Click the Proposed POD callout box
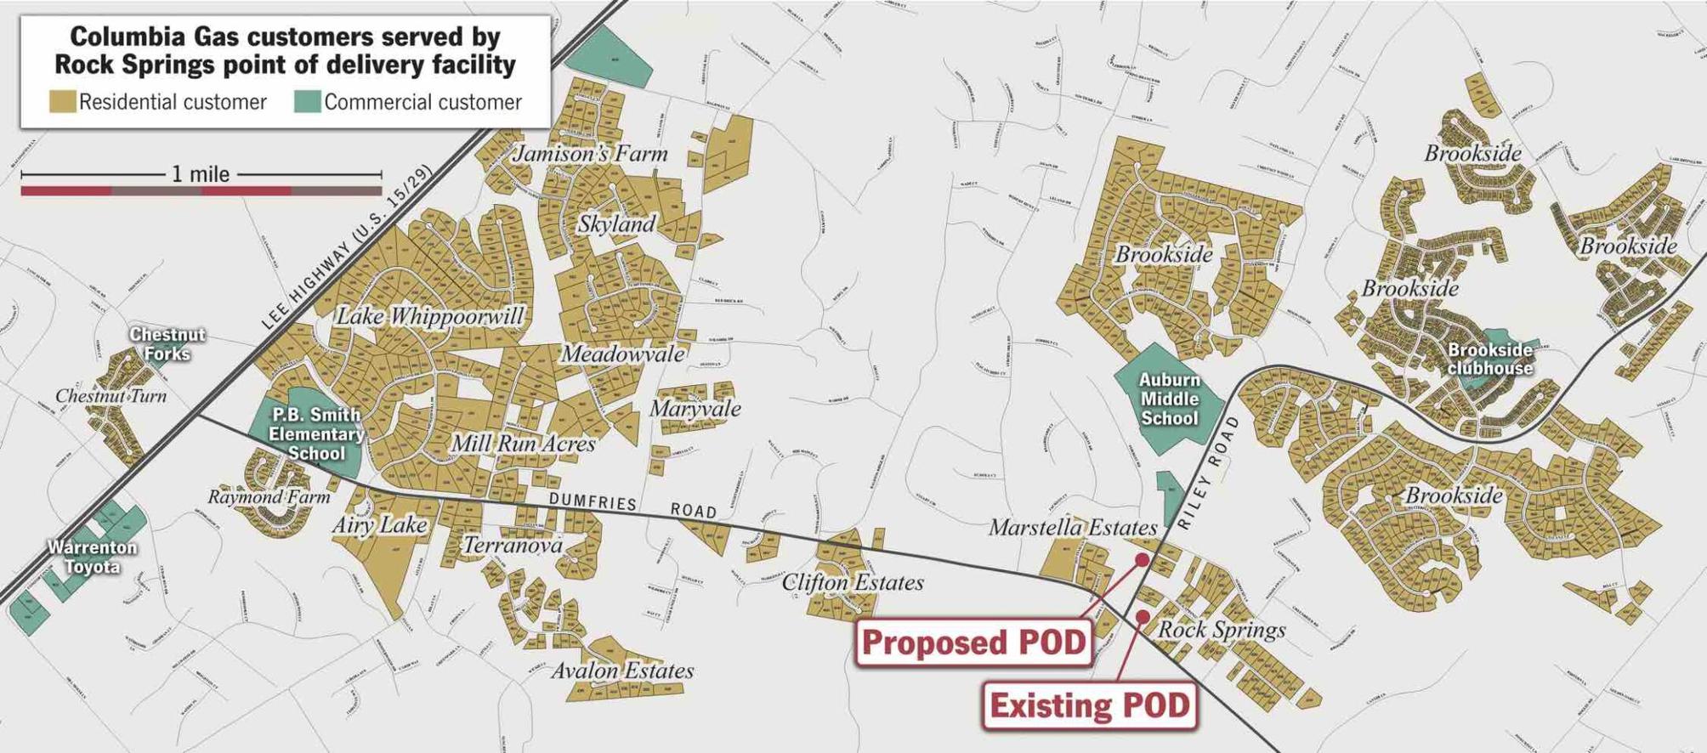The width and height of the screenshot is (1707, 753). point(973,643)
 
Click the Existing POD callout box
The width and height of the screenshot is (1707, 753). point(1090,705)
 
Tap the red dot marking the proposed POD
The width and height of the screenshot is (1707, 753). point(1143,560)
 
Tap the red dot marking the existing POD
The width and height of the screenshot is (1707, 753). point(1143,616)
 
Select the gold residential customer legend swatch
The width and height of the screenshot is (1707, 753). point(62,102)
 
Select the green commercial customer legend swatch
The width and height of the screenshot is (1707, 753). point(307,102)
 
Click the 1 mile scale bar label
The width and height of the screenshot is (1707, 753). point(201,174)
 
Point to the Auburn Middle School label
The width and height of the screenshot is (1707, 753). point(1169,399)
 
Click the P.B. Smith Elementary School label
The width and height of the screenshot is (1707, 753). point(315,433)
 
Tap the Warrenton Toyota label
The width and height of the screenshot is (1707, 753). point(92,557)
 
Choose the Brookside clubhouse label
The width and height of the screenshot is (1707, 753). point(1489,359)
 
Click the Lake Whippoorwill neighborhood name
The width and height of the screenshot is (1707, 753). point(430,316)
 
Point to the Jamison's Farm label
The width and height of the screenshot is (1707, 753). point(589,154)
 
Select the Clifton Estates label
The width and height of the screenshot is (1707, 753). point(852,582)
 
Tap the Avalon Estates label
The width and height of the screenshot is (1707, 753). point(622,671)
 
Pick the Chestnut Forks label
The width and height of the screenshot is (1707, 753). point(167,343)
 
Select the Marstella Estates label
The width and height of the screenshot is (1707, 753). point(1072,528)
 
